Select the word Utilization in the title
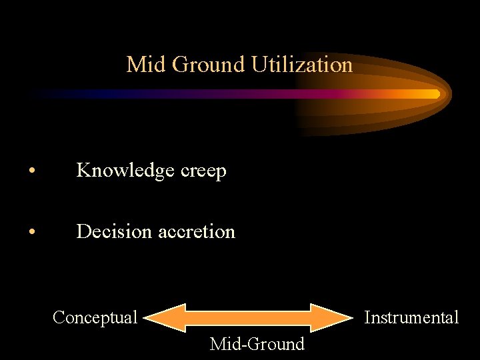(x=302, y=65)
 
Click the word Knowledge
(x=125, y=171)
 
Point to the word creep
(x=203, y=171)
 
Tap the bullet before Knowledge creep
(x=32, y=172)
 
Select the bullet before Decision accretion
(x=32, y=233)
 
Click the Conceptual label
(x=95, y=317)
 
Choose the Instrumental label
(x=411, y=317)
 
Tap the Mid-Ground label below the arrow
(x=257, y=344)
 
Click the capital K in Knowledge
(x=83, y=171)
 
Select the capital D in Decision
(x=83, y=231)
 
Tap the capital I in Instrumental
(x=367, y=317)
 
